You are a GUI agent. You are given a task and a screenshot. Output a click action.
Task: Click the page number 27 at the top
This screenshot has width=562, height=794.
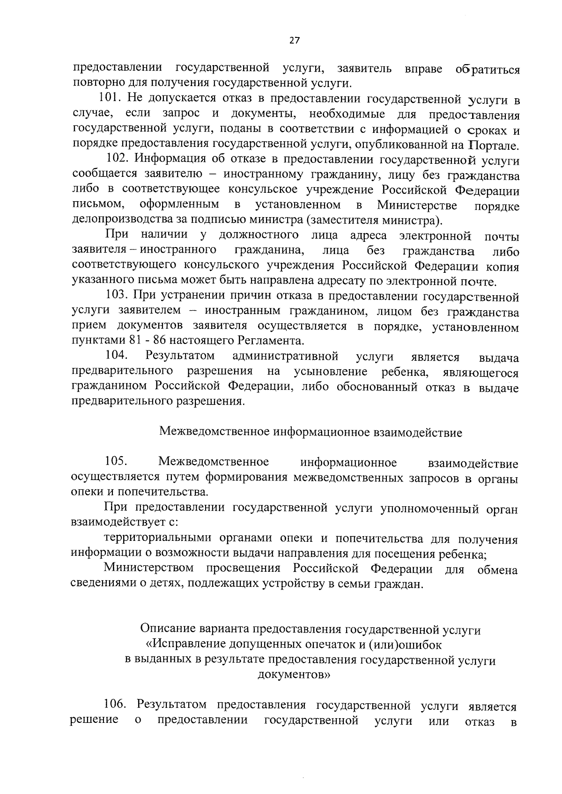294,40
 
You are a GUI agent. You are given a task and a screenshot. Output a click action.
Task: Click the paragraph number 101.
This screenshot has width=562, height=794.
110,98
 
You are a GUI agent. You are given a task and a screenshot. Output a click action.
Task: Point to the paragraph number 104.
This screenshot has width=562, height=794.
117,355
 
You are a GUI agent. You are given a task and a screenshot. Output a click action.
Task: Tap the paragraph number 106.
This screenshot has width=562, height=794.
115,705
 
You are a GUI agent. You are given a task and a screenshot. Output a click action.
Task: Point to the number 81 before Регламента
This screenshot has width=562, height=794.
133,340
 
